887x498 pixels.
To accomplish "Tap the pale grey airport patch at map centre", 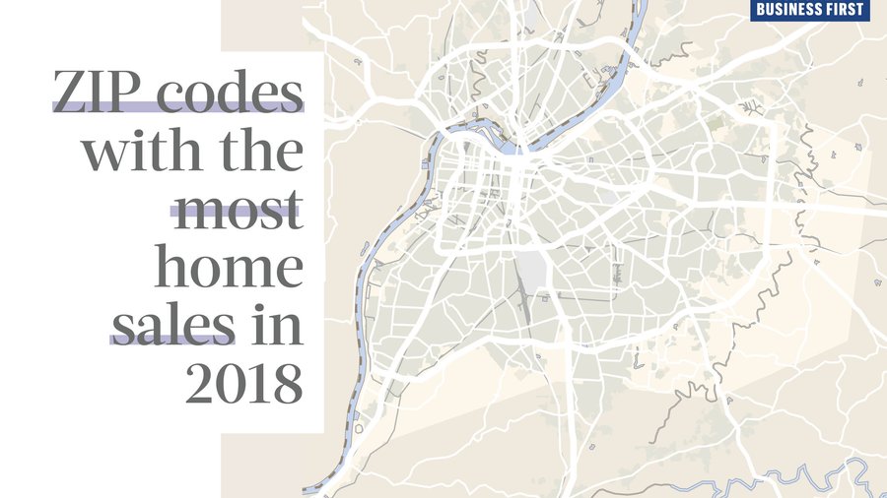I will [x=533, y=269].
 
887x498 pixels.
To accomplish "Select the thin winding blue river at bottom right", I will [x=788, y=481].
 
